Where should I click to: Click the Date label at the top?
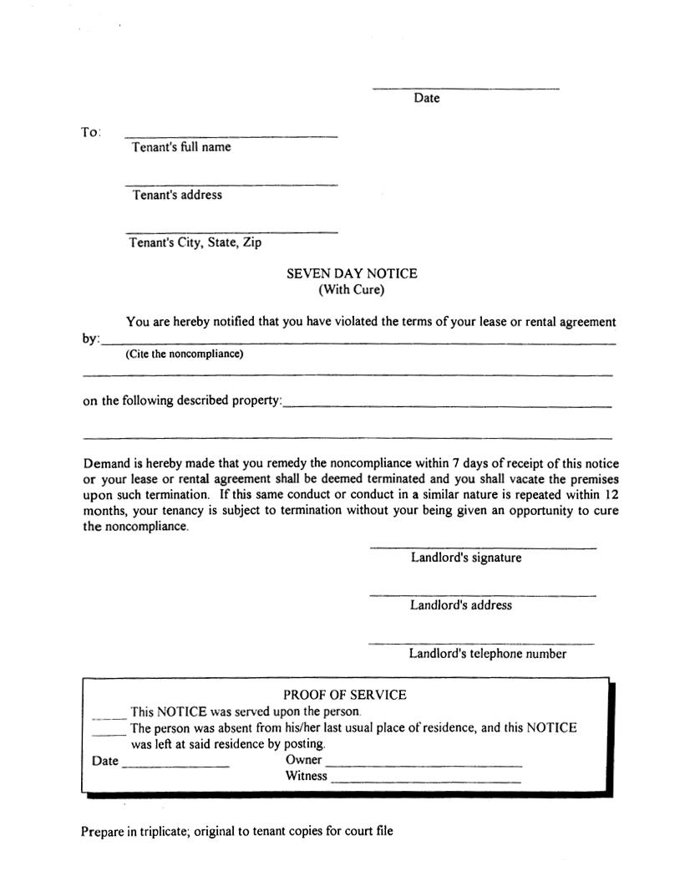point(426,99)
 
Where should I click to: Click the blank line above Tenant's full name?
point(231,135)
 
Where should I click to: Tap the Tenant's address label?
point(177,195)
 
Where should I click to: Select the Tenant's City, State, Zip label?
point(195,242)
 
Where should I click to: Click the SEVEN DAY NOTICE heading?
point(352,273)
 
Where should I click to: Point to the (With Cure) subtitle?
point(352,291)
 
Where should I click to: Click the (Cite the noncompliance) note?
point(185,354)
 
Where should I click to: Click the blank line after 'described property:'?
point(447,405)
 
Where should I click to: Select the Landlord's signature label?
point(465,558)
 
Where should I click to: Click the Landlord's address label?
point(460,605)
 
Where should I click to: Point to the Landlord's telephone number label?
point(487,654)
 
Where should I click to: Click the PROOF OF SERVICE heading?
point(344,695)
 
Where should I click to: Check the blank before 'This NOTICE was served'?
point(109,716)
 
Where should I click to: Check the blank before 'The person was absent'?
point(109,733)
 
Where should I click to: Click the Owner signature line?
point(424,765)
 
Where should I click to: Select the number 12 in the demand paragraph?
point(610,494)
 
